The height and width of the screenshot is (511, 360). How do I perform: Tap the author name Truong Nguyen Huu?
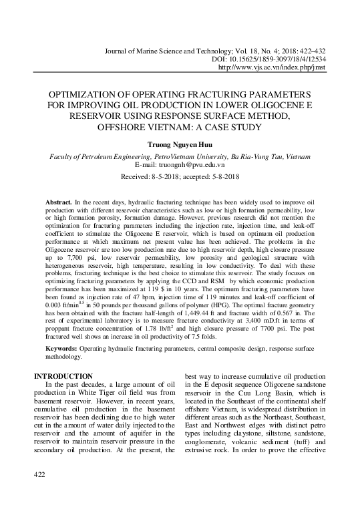click(x=180, y=143)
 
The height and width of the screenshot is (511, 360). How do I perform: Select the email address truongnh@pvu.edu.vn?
click(x=198, y=164)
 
